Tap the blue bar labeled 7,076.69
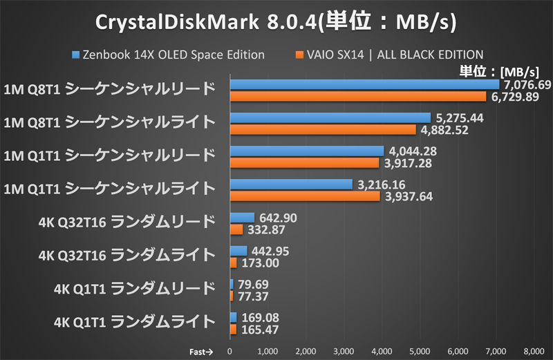(x=364, y=85)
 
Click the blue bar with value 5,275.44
(x=330, y=118)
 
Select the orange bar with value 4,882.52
(x=323, y=129)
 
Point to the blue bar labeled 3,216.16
(x=291, y=184)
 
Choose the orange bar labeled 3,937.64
(x=305, y=196)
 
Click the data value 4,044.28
(x=412, y=151)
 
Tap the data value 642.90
(x=278, y=218)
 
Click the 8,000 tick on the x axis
(x=534, y=351)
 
